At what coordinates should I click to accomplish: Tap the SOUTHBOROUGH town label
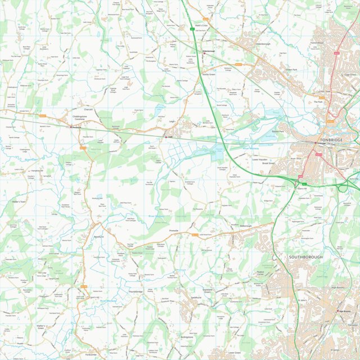click(x=306, y=257)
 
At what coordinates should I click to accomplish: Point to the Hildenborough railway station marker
click(x=204, y=51)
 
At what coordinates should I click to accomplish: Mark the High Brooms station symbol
click(x=338, y=311)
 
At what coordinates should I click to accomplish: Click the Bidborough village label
click(x=245, y=226)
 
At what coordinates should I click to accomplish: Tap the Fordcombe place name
click(x=93, y=354)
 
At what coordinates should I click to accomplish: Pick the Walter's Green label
click(x=44, y=326)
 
